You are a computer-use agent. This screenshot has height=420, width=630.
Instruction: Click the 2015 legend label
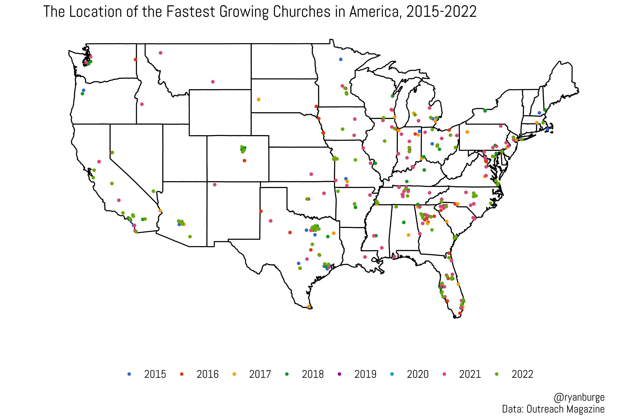[x=155, y=374]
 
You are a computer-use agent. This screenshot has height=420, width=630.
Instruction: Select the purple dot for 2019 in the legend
[x=339, y=374]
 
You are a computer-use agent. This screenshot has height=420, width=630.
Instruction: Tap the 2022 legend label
[x=522, y=374]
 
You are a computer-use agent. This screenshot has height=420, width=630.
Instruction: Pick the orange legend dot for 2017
[x=234, y=374]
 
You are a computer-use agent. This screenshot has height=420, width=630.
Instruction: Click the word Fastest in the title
[x=191, y=12]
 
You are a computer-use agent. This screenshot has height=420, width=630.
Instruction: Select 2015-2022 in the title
[x=441, y=12]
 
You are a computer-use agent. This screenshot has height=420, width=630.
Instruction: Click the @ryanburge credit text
[x=579, y=397]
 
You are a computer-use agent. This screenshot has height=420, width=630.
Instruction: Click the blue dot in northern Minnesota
[x=341, y=59]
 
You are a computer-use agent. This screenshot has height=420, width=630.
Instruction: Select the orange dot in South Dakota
[x=259, y=100]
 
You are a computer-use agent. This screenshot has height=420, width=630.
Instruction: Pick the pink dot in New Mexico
[x=215, y=185]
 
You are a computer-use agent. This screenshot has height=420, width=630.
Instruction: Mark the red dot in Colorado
[x=244, y=161]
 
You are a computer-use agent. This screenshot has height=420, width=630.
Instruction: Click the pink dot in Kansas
[x=311, y=174]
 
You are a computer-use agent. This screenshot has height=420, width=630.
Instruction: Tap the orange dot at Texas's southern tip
[x=308, y=306]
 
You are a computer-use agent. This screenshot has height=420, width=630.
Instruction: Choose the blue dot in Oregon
[x=84, y=90]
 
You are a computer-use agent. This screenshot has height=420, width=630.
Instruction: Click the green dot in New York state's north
[x=485, y=111]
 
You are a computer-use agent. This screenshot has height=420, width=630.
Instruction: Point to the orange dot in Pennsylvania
[x=467, y=132]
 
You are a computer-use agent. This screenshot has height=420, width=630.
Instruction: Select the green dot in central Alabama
[x=404, y=223]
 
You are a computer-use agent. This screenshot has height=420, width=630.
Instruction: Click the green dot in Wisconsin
[x=392, y=96]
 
